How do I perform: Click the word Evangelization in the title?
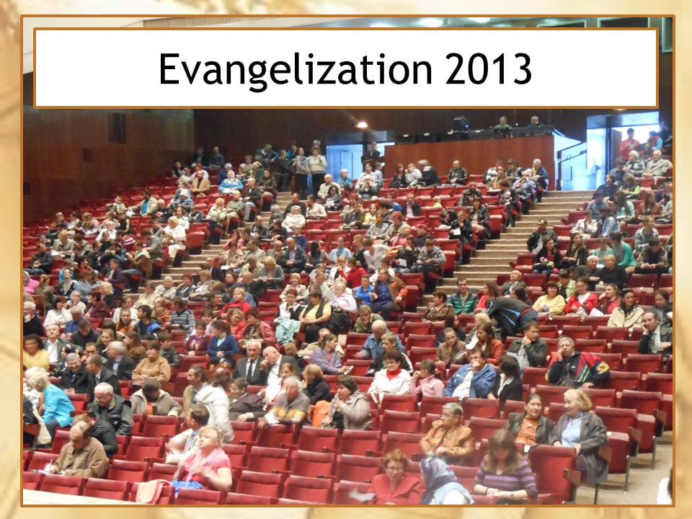[296, 69]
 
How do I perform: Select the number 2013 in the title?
[489, 68]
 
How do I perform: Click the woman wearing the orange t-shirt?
[528, 420]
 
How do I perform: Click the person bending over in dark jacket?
[511, 314]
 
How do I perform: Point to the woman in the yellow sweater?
[549, 298]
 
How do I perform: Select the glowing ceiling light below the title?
[361, 125]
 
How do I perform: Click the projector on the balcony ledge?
[460, 123]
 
